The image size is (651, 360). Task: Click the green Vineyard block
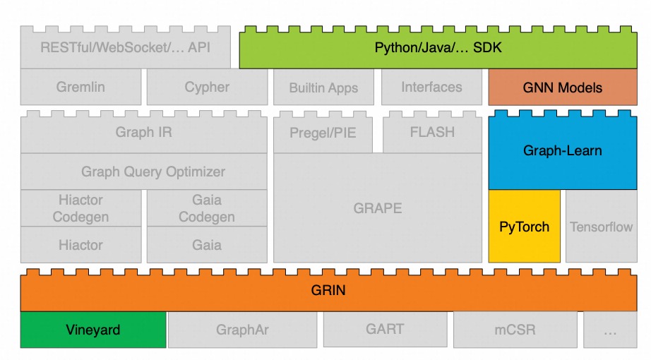[93, 330]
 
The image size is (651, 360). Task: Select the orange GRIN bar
[328, 291]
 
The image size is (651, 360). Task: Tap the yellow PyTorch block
[524, 227]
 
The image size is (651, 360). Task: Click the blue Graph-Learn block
[563, 150]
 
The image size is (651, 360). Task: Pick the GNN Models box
[563, 88]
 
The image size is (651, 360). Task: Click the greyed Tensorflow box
[601, 227]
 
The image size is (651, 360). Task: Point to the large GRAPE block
[378, 208]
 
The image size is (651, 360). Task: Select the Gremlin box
[80, 88]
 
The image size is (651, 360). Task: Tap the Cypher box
[207, 88]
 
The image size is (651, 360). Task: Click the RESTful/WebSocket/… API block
[126, 49]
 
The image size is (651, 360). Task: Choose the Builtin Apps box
[323, 88]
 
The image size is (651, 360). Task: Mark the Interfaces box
[431, 88]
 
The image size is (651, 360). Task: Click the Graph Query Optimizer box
[144, 172]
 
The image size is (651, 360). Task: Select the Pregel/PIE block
[323, 133]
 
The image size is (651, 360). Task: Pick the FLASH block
[432, 133]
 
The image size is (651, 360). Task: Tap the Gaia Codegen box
[207, 208]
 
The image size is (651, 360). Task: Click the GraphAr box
[243, 330]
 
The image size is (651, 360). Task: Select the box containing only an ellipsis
[609, 330]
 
